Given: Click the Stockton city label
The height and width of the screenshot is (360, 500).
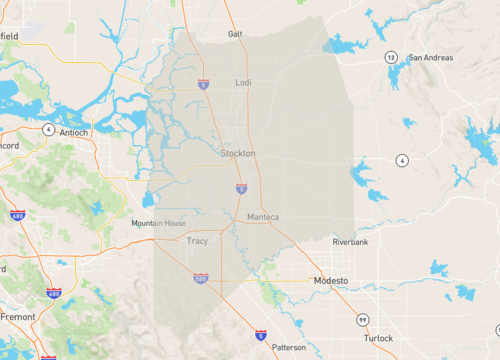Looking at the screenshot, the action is coord(238,154).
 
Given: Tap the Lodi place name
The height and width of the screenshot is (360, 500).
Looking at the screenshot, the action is coord(244,83).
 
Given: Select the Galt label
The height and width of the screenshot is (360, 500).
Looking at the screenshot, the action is coord(236,33).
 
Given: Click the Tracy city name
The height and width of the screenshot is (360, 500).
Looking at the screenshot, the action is coord(197,241).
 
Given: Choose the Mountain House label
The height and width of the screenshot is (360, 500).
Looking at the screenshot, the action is coord(158,224).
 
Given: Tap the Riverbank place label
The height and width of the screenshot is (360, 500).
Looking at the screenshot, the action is coord(351,242).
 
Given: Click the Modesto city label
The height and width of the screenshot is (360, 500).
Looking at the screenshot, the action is coord(330,281).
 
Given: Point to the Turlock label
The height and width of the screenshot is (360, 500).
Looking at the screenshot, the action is coord(378,339).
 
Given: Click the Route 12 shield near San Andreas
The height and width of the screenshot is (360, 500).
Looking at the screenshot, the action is coord(392,57).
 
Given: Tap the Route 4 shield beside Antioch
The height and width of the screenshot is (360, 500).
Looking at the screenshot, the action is coord(48,129).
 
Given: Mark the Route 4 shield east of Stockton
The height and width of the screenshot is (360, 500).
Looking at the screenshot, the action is coord(401,160).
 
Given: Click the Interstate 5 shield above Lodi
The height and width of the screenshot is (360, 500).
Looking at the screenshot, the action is coord(204,86).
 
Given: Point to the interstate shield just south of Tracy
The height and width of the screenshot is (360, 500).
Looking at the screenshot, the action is coord(201,278).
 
